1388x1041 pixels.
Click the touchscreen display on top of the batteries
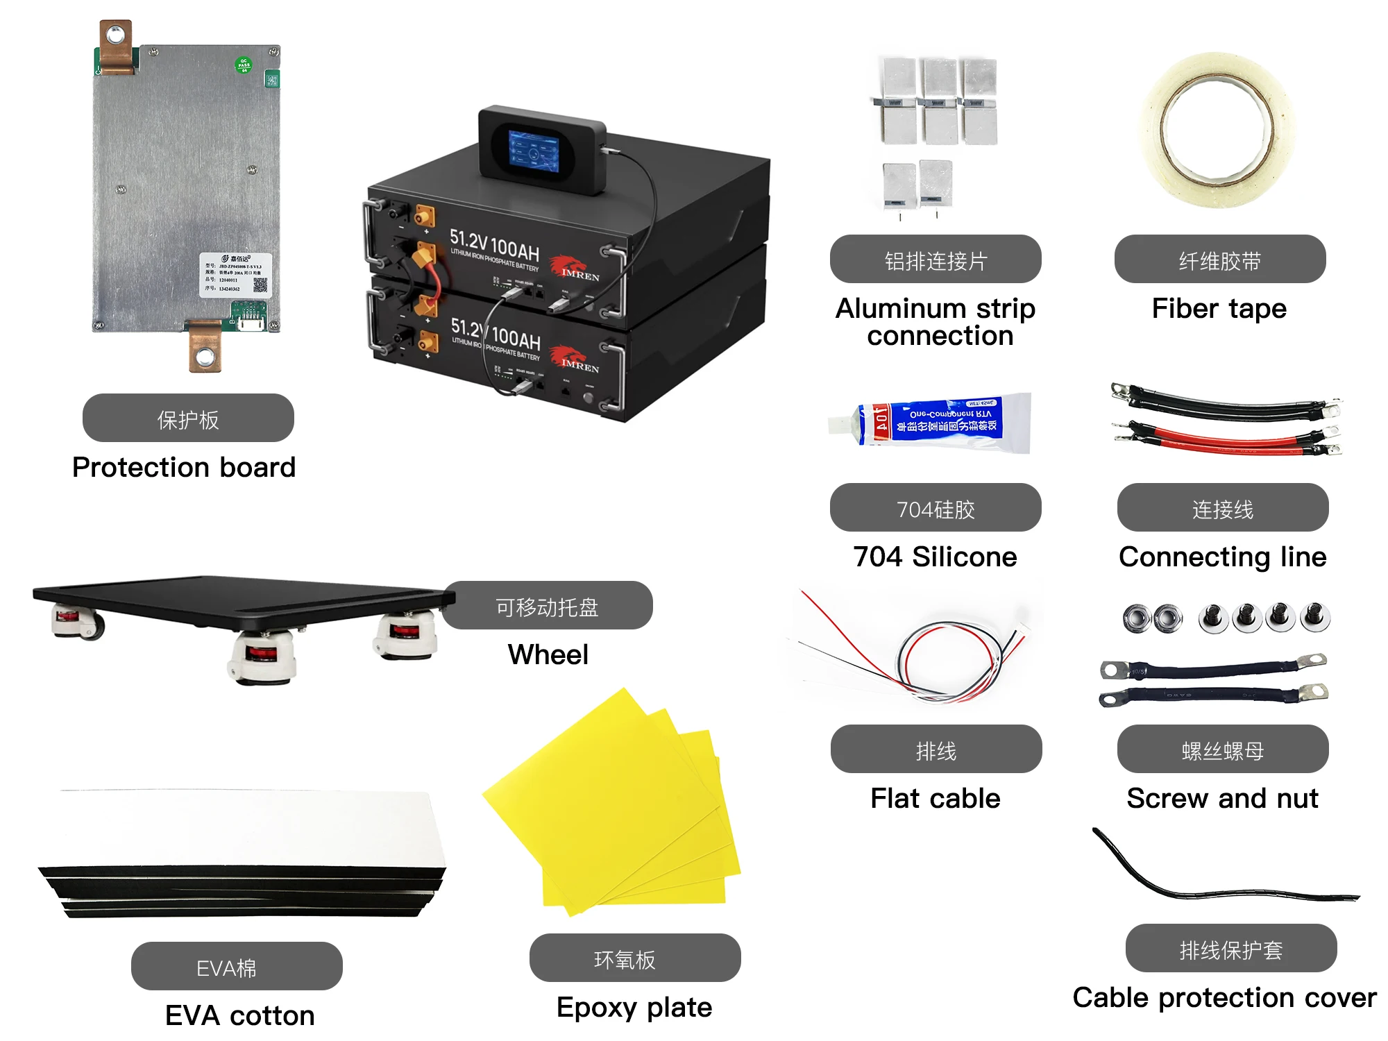point(533,151)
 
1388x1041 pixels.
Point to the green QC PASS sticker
point(244,65)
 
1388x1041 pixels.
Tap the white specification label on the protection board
point(236,276)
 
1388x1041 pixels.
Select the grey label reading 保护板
point(188,418)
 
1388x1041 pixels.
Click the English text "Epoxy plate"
point(634,1007)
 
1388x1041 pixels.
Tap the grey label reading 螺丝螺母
point(1222,750)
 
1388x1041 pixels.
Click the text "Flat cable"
point(935,798)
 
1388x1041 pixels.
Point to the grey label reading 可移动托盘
point(547,606)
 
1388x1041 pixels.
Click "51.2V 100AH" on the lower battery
point(495,335)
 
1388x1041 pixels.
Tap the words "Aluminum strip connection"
point(936,321)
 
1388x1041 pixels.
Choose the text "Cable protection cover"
point(1224,997)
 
